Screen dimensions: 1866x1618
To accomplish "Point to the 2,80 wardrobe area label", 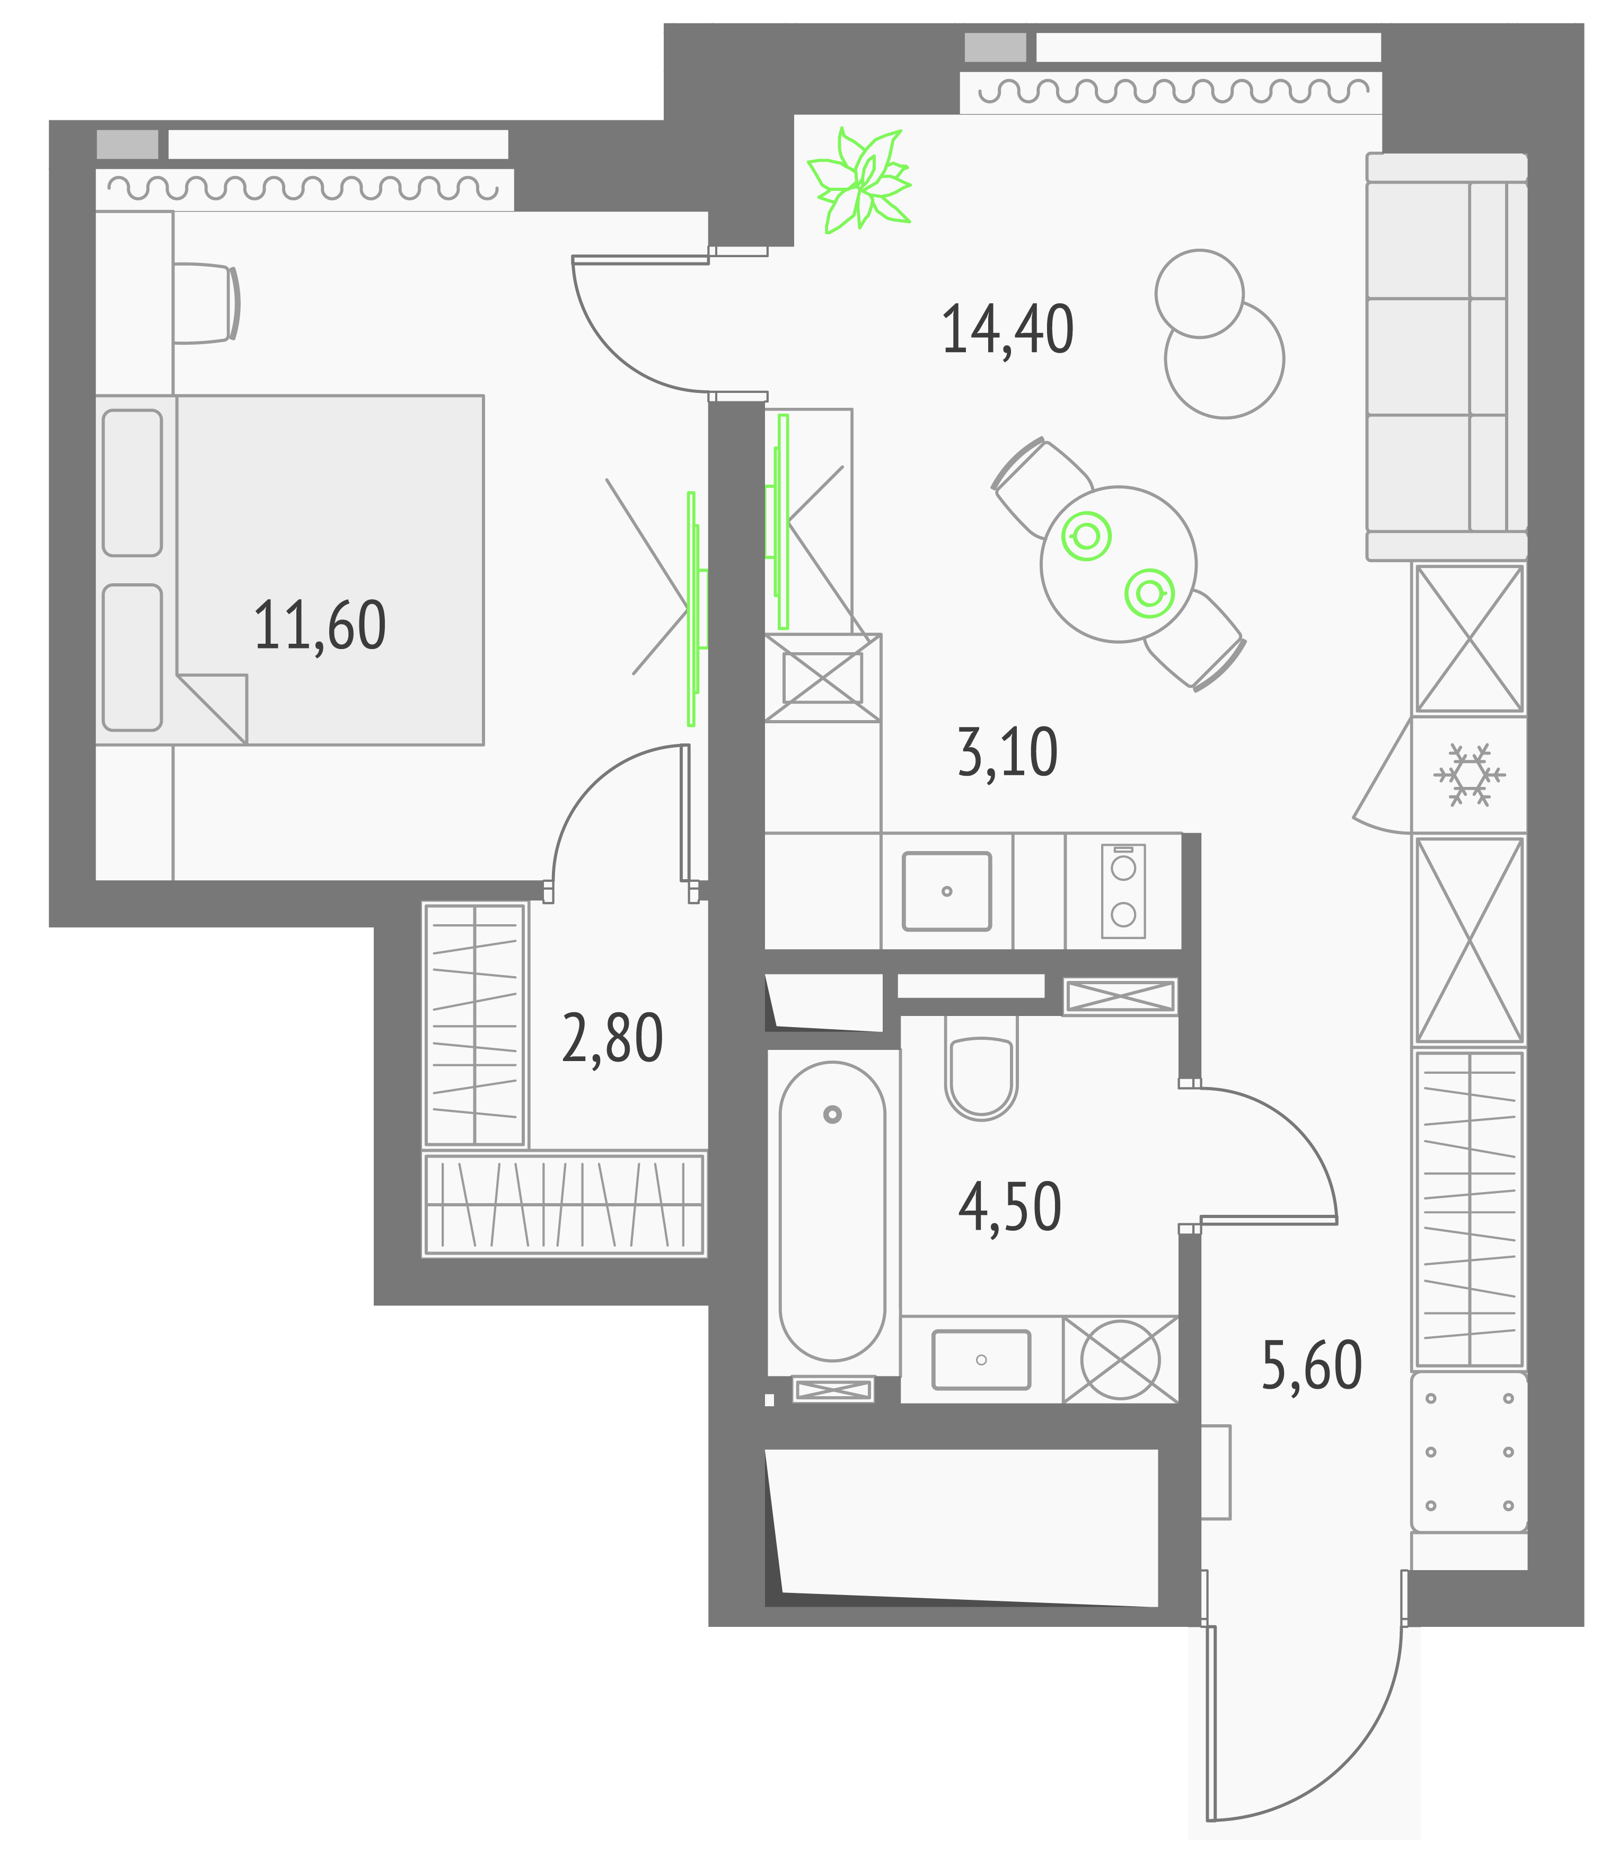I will (612, 1039).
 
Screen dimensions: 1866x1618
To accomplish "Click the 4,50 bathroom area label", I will (1009, 1207).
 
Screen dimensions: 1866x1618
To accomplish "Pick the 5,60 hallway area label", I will (1311, 1365).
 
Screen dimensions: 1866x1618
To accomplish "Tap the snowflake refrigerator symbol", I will (1469, 775).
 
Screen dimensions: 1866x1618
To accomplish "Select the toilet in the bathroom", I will (981, 1070).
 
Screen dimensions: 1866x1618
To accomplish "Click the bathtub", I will (832, 1210).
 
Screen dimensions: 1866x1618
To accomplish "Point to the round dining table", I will (1118, 565).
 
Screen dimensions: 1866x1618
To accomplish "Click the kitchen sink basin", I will (946, 890).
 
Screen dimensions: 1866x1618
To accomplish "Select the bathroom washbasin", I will (981, 1359).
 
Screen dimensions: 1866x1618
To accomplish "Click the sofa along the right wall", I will (1445, 357).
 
